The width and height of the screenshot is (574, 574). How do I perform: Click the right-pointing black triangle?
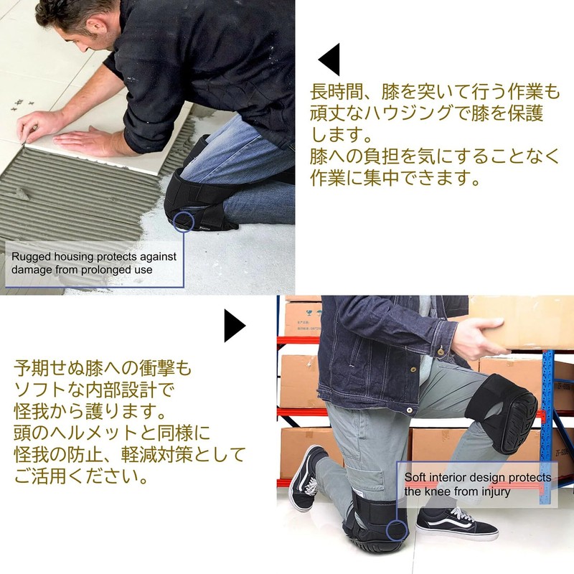[x=233, y=326]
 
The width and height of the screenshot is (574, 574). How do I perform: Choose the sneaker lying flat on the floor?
[x=456, y=522]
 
